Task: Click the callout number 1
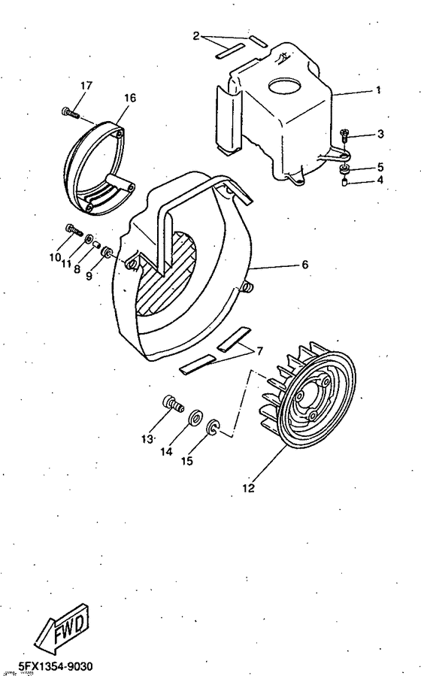point(378,90)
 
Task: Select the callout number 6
point(305,265)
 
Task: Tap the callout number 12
point(248,488)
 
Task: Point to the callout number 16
point(130,99)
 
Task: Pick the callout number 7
point(259,351)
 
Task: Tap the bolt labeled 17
point(69,113)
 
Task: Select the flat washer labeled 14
point(195,415)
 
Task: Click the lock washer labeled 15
point(213,428)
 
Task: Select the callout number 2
point(196,35)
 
